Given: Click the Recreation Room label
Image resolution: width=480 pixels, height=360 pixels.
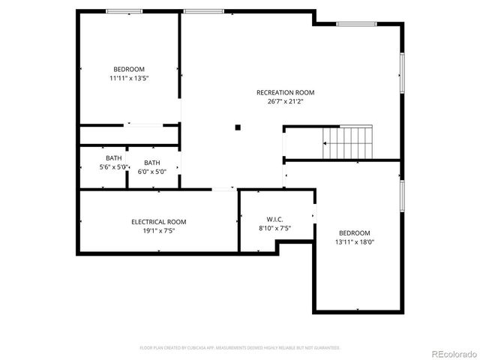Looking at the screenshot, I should coord(279,92).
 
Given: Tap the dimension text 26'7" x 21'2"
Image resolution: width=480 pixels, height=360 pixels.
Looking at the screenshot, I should coord(279,101).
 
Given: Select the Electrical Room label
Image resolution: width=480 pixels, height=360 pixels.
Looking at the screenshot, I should coord(158,222).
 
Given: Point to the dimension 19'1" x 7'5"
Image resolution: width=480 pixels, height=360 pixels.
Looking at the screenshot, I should coord(158,231).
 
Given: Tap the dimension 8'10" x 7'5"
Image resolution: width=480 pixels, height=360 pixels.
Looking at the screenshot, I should coord(274,228).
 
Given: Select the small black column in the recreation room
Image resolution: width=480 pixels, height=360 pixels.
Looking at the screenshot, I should coord(238,127).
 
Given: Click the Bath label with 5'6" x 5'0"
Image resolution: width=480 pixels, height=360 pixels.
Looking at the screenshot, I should coord(113,158).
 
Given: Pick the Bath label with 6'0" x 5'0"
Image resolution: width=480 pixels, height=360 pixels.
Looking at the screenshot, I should coord(151,163).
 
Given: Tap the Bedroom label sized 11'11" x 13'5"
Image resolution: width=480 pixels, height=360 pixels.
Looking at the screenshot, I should coord(129,69).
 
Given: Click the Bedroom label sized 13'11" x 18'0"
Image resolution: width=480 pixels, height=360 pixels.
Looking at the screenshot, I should coord(353,233).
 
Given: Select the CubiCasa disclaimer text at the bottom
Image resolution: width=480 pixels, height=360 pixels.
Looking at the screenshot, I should coord(240,348).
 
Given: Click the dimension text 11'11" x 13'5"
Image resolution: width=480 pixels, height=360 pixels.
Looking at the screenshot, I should coord(129,78).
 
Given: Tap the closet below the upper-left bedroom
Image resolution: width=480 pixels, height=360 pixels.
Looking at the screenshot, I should coord(128,135).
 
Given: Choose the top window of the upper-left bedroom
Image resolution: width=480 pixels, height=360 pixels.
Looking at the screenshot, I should coord(124,10).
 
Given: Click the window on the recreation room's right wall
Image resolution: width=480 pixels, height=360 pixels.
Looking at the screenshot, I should coord(403,72).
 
